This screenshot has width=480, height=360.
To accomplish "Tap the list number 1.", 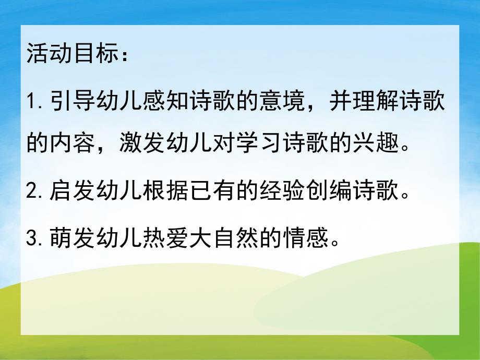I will pyautogui.click(x=31, y=102).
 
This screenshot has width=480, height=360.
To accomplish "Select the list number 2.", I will pyautogui.click(x=32, y=194).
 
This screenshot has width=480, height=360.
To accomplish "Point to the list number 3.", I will pyautogui.click(x=32, y=239).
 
